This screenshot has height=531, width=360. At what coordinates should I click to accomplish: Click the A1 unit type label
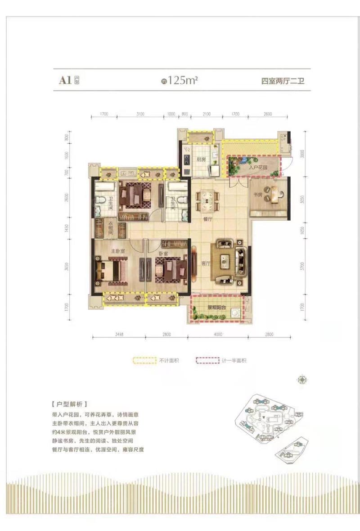click(x=65, y=81)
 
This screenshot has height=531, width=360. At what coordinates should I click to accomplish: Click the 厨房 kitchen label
click(x=201, y=159)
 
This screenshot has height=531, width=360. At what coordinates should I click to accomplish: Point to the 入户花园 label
click(x=258, y=166)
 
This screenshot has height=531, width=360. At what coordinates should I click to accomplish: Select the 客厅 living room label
click(x=206, y=263)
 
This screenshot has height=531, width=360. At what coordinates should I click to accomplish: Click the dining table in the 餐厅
click(x=208, y=199)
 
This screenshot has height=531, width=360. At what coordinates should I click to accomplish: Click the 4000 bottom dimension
click(x=218, y=333)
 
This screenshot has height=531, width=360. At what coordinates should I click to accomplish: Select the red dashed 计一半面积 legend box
click(x=207, y=360)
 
